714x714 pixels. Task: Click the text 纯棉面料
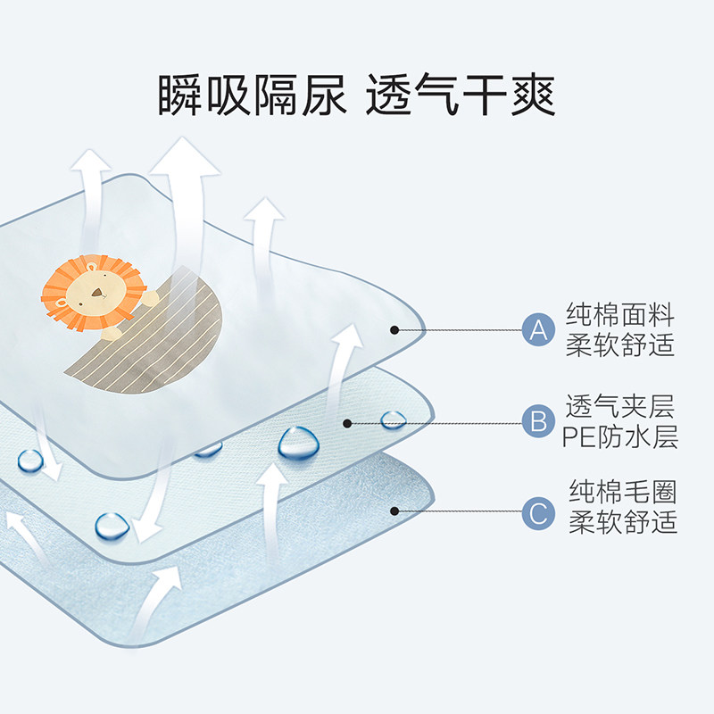tap(620, 315)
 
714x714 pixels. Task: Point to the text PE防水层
tap(620, 437)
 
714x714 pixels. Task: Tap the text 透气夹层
tap(620, 407)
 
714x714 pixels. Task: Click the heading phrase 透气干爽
tap(461, 95)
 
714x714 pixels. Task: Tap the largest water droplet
tap(298, 442)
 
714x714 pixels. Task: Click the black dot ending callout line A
tap(394, 330)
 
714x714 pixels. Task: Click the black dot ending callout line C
tap(394, 511)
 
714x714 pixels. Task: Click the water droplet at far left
tap(30, 461)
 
